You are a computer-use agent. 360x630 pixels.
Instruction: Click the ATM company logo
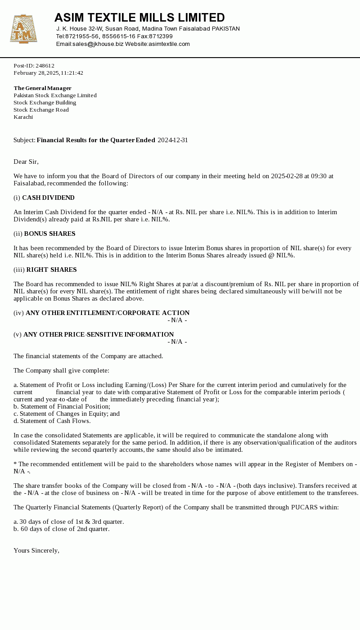point(23,29)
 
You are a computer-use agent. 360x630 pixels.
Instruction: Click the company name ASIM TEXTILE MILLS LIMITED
point(139,18)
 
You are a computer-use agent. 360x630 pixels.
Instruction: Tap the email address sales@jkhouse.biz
point(98,44)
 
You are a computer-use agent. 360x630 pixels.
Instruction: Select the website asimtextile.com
point(169,44)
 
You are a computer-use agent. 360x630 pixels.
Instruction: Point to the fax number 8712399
point(161,36)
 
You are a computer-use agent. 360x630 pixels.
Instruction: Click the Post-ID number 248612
point(45,66)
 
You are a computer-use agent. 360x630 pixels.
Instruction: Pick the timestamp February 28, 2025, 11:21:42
point(48,73)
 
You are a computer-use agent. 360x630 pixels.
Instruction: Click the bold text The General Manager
point(42,88)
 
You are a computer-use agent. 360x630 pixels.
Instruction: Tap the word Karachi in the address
point(23,117)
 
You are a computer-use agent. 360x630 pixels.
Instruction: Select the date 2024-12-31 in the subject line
point(173,140)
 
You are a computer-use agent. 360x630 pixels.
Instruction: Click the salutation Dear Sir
point(26,162)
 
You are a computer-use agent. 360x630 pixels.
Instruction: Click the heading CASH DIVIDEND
point(48,198)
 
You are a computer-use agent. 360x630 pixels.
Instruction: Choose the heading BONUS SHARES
point(49,234)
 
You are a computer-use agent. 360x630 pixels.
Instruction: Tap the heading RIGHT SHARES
point(51,270)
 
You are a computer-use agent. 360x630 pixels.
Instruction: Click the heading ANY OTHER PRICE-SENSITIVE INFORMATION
point(99,335)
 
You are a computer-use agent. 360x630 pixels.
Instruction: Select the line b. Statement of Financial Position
point(62,407)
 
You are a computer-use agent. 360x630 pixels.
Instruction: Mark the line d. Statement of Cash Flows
point(52,421)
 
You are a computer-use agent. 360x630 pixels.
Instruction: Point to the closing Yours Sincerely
point(36,551)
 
